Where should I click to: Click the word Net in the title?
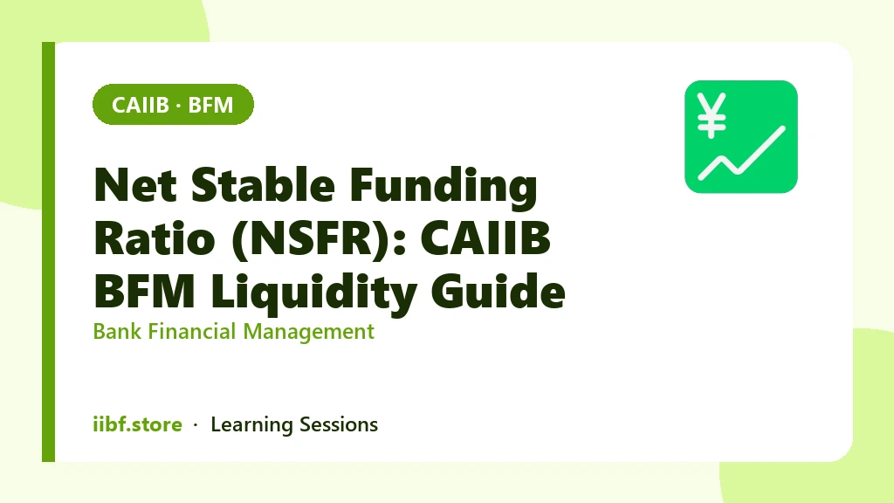pyautogui.click(x=135, y=185)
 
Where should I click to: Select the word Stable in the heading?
pyautogui.click(x=263, y=185)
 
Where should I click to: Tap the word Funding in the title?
pyautogui.click(x=444, y=187)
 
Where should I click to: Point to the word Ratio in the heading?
pyautogui.click(x=155, y=238)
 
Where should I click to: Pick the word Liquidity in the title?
pyautogui.click(x=313, y=293)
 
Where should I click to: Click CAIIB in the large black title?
pyautogui.click(x=485, y=238)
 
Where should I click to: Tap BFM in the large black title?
pyautogui.click(x=145, y=291)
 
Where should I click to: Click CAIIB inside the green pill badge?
pyautogui.click(x=141, y=105)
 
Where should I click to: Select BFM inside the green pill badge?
pyautogui.click(x=210, y=105)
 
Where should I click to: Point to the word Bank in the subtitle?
pyautogui.click(x=117, y=331)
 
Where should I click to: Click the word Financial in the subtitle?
pyautogui.click(x=192, y=331)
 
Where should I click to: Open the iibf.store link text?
pyautogui.click(x=137, y=424)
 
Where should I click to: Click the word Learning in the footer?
pyautogui.click(x=251, y=425)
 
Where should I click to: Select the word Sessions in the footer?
pyautogui.click(x=339, y=425)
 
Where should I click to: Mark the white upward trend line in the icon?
pyautogui.click(x=742, y=153)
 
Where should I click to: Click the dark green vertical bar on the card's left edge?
pyautogui.click(x=49, y=251)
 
